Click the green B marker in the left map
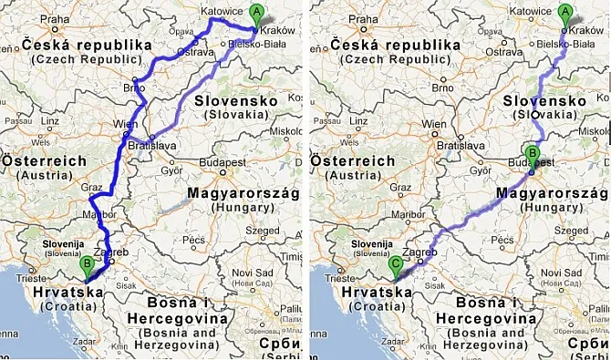click(x=88, y=265)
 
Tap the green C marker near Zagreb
click(x=395, y=264)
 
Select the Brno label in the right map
click(x=443, y=88)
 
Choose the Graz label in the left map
click(x=92, y=186)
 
